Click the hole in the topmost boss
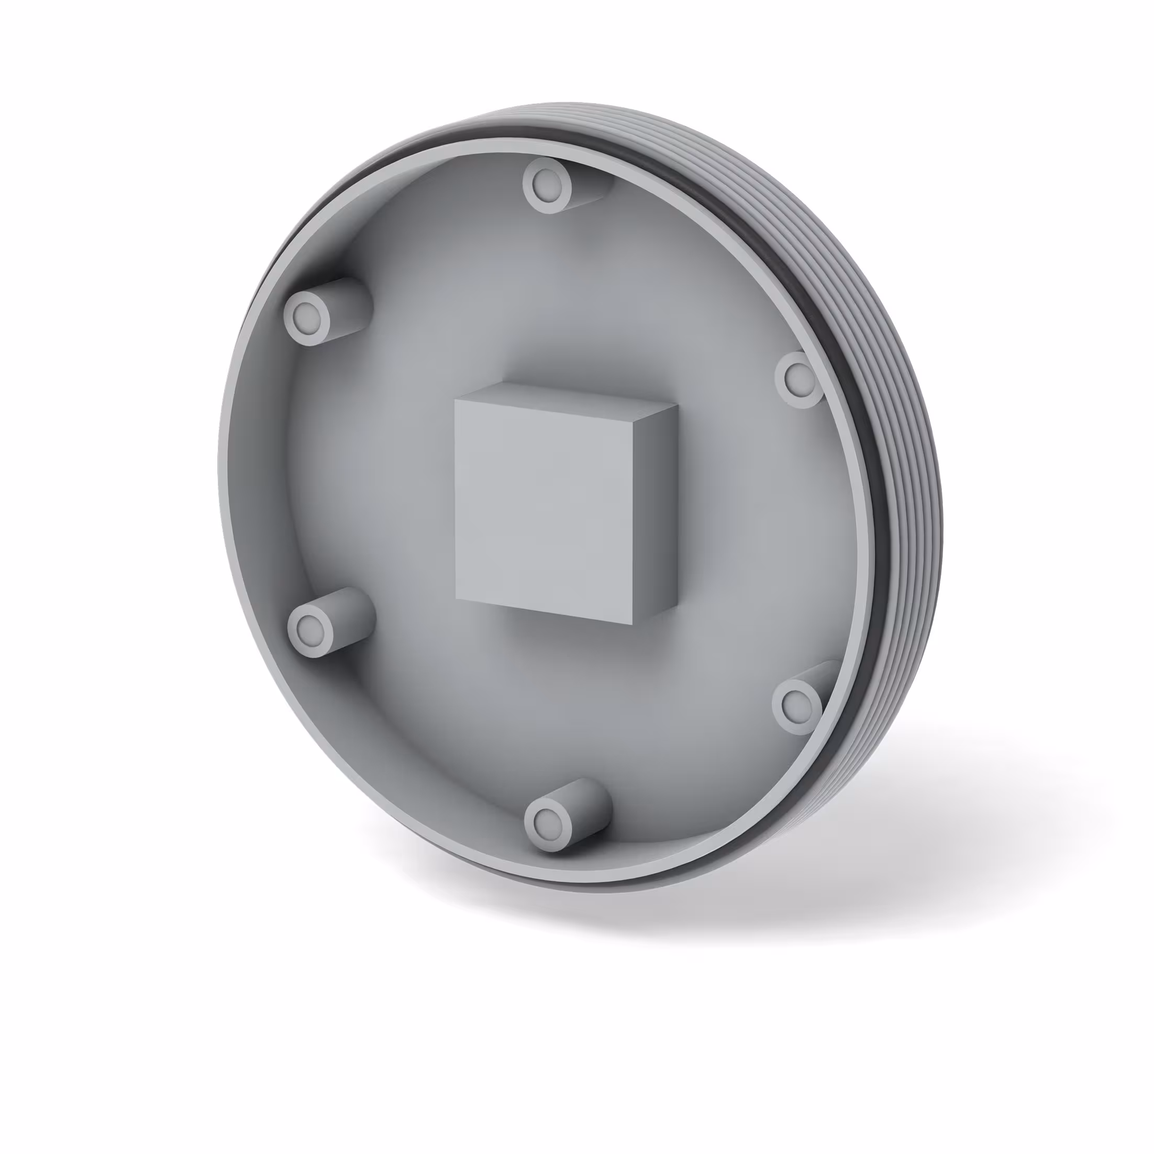pos(547,185)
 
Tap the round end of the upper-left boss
pos(307,317)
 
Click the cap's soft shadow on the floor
pos(836,896)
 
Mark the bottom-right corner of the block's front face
pos(631,624)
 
